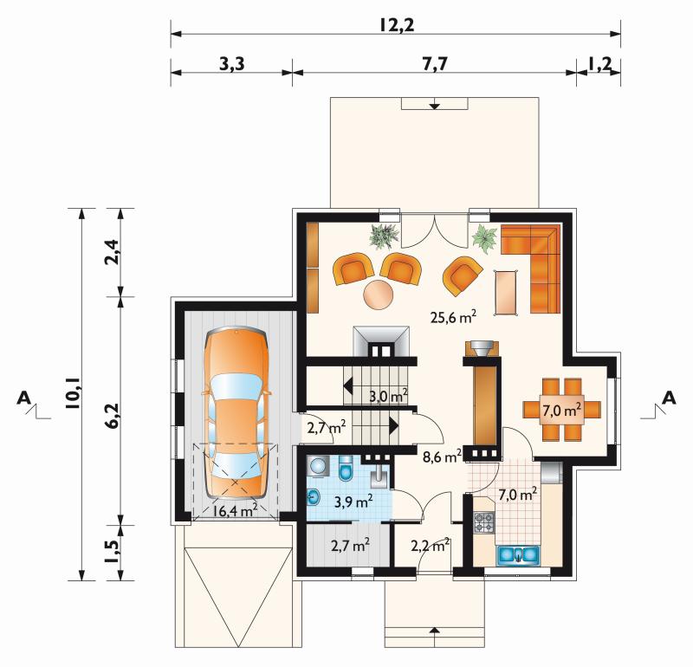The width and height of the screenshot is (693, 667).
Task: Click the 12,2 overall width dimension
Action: coord(397,25)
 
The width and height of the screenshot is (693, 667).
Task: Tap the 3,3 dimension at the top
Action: coord(231,64)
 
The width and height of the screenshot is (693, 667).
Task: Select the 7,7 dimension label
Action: coord(435,64)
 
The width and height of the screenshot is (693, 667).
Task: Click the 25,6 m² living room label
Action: coord(453,316)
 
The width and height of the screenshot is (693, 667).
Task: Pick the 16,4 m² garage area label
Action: coord(235,510)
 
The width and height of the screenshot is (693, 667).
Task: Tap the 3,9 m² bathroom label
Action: coord(353,502)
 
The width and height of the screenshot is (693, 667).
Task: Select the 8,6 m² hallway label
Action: coord(442,456)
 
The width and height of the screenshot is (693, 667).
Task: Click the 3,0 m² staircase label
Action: coord(388,396)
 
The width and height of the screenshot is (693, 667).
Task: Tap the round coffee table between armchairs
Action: coord(379,295)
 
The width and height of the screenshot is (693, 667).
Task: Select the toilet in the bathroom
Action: coord(345,469)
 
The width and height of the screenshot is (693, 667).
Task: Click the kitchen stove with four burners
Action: coord(483,522)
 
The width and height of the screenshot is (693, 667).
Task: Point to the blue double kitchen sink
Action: coord(518,554)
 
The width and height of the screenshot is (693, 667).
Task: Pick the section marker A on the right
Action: coord(670,398)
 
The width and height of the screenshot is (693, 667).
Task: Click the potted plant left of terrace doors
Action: coord(384,235)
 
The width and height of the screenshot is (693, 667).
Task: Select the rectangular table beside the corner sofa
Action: coord(507,292)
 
